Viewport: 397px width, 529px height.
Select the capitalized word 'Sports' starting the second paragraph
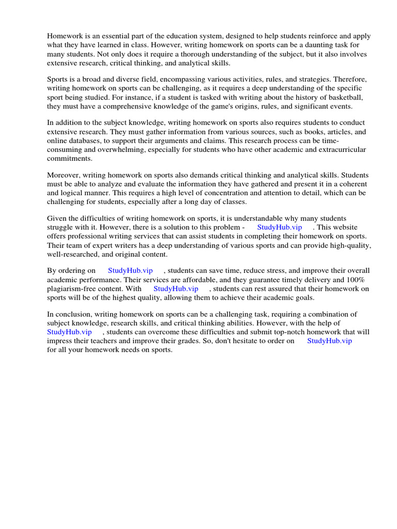pyautogui.click(x=58, y=80)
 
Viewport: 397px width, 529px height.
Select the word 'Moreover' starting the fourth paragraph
pyautogui.click(x=63, y=175)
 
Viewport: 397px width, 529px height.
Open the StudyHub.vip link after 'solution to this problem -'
pyautogui.click(x=279, y=228)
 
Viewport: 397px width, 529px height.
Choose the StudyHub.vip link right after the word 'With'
pyautogui.click(x=176, y=289)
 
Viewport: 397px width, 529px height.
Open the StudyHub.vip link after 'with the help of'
pyautogui.click(x=69, y=332)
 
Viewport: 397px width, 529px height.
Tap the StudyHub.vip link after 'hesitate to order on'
pyautogui.click(x=329, y=341)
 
